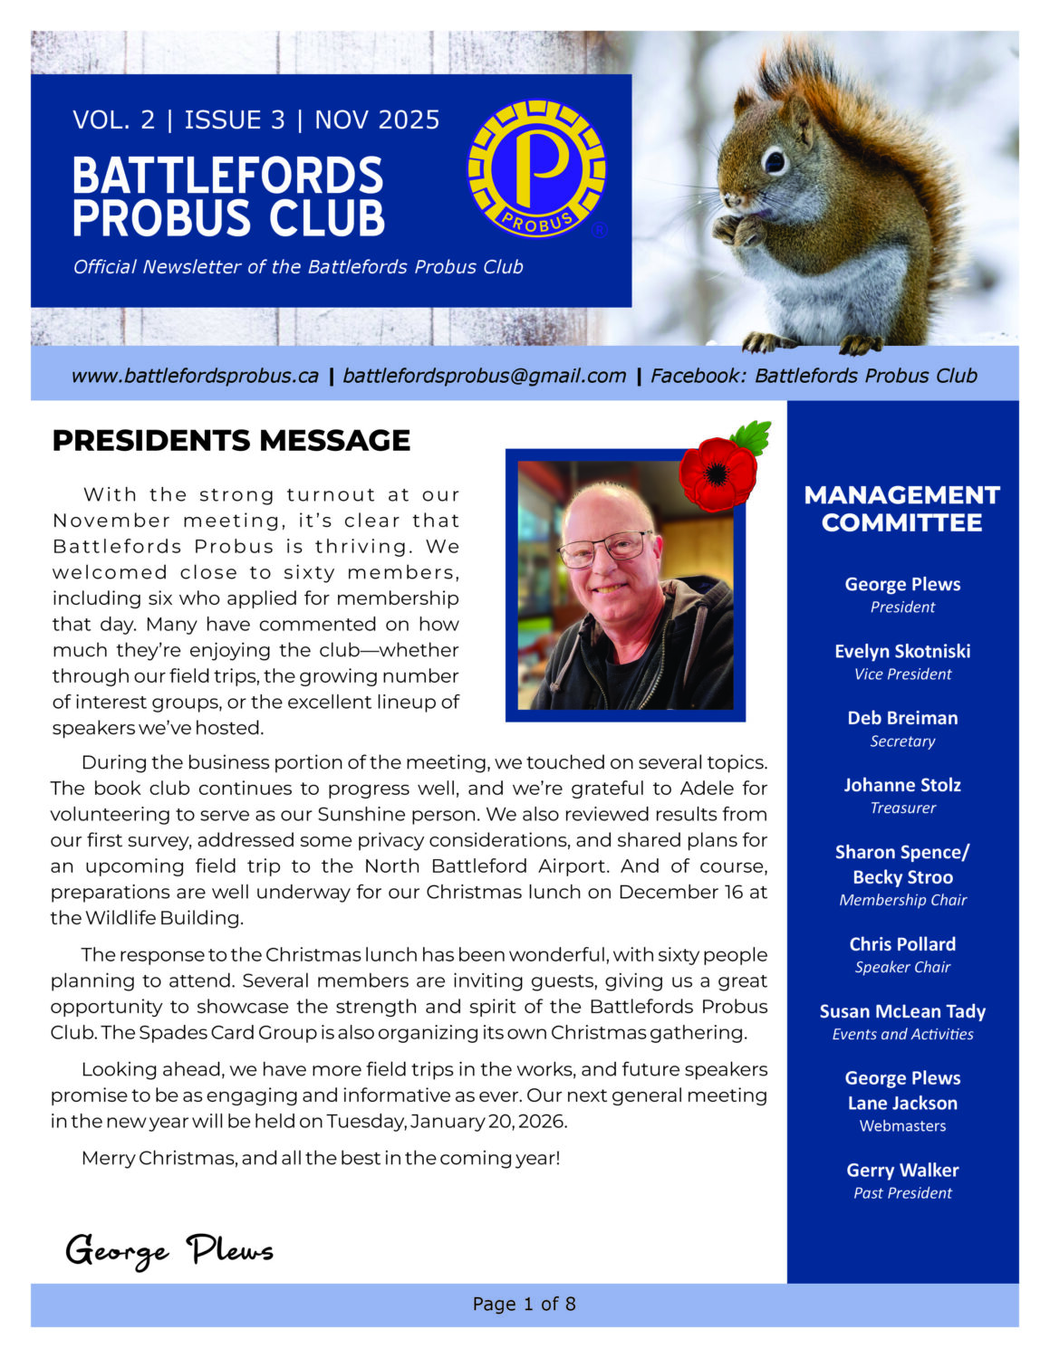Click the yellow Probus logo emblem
[536, 168]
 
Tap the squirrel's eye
[775, 161]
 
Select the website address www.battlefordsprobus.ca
[195, 376]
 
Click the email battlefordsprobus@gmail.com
[485, 376]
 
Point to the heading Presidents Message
[231, 440]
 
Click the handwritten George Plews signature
[169, 1250]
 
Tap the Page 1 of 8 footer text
[524, 1304]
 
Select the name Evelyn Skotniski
[902, 651]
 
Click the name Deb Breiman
[902, 718]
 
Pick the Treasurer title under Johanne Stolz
[902, 808]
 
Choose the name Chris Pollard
[902, 944]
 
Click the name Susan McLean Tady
[902, 1011]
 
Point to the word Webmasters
[902, 1126]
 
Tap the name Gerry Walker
[902, 1170]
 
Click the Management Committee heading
[902, 509]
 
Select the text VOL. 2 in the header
[114, 120]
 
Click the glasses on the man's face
[603, 547]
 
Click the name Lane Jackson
[902, 1103]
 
